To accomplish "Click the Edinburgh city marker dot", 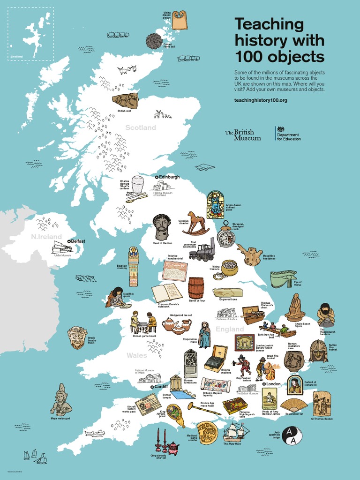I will click(157, 177).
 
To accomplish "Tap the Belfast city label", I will click(78, 241).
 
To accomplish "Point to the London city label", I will click(273, 384).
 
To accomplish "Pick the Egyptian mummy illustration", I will click(134, 266).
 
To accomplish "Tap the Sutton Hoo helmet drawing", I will click(319, 351).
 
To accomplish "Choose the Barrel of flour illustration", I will click(196, 288).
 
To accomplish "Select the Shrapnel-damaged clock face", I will click(226, 238).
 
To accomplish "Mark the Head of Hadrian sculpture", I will click(162, 227).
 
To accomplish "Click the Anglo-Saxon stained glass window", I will click(215, 204).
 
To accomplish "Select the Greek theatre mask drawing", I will click(77, 337).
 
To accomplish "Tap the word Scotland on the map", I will click(140, 127).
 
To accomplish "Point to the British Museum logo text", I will click(243, 135).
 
